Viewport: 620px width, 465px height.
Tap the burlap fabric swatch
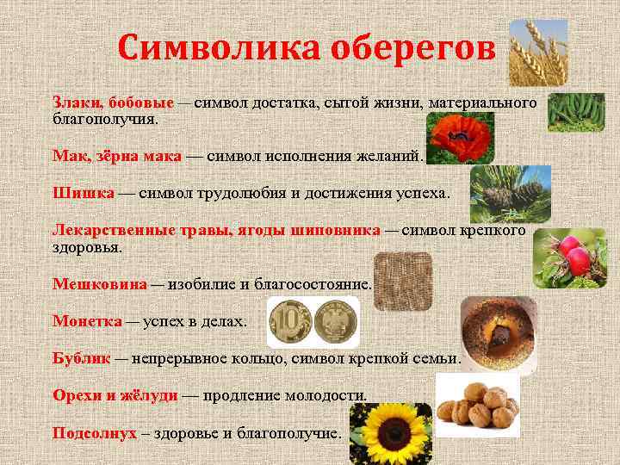point(402,281)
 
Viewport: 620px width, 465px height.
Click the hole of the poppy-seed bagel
point(498,332)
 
